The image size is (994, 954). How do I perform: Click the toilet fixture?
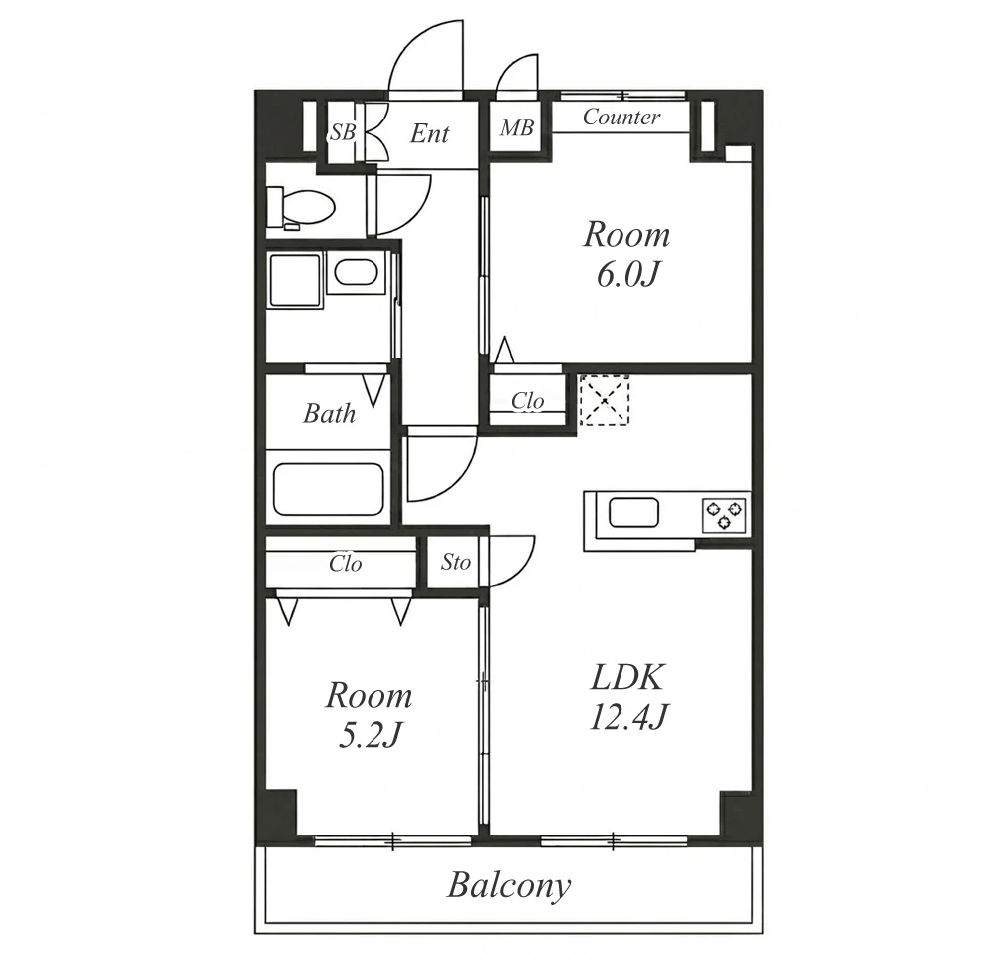[x=300, y=207]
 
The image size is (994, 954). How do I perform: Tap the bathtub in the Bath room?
[x=329, y=489]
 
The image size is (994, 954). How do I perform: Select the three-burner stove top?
[x=724, y=514]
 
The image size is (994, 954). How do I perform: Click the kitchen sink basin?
[x=633, y=512]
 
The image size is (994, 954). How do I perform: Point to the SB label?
[x=343, y=132]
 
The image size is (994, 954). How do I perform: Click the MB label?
[x=517, y=128]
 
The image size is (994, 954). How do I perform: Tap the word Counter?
[x=621, y=117]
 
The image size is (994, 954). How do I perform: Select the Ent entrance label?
[x=429, y=133]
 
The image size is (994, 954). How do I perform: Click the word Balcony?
[x=509, y=886]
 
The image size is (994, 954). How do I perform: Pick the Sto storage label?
[x=456, y=563]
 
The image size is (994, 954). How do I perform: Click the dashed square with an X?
[x=605, y=400]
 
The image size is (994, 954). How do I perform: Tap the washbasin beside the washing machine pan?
[x=357, y=273]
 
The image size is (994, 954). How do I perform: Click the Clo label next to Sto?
[x=346, y=564]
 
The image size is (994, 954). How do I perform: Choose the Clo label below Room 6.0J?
[x=528, y=401]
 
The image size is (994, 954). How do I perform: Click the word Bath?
[x=329, y=414]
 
